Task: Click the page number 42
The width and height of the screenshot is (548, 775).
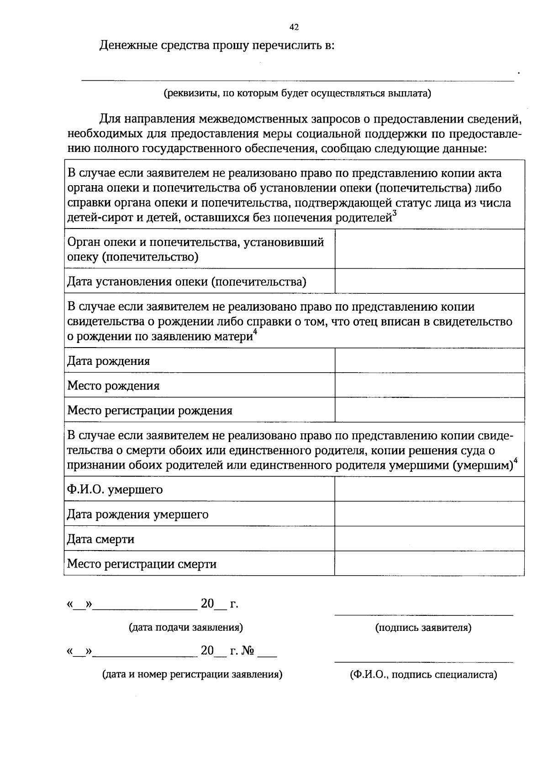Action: click(294, 27)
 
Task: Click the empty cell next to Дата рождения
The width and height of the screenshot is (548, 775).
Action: click(429, 361)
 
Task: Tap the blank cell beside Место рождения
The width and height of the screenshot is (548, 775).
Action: click(429, 385)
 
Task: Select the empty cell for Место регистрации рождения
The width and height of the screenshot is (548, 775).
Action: click(429, 410)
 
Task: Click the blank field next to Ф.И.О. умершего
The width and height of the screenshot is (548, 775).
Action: click(429, 489)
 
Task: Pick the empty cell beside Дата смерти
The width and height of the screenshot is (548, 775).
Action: click(429, 539)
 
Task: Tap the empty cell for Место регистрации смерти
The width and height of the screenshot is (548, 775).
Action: click(429, 563)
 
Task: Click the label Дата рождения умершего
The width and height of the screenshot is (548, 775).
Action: click(138, 515)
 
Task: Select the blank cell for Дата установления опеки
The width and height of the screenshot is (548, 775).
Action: click(429, 281)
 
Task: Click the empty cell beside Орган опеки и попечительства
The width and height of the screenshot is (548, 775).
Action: click(429, 249)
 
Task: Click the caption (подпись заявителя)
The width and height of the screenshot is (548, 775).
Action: click(423, 628)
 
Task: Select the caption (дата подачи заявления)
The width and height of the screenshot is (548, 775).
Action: click(186, 627)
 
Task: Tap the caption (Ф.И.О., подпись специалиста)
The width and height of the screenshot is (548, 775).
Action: click(423, 675)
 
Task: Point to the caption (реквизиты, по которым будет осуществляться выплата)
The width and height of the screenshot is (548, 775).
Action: click(297, 94)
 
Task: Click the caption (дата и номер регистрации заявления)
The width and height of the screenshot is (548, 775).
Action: click(192, 674)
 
